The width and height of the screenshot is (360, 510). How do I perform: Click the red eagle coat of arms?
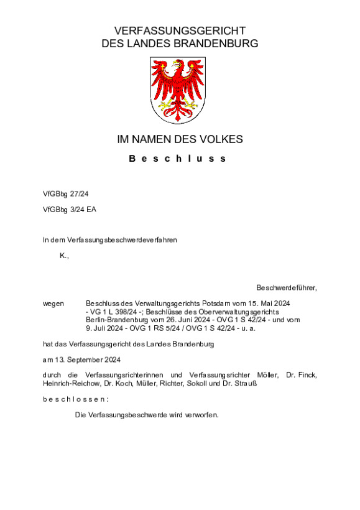coord(180,90)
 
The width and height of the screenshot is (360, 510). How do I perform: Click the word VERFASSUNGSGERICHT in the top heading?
coord(180,31)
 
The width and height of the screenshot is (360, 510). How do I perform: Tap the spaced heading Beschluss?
coord(178,159)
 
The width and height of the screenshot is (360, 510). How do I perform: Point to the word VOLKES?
coord(222,139)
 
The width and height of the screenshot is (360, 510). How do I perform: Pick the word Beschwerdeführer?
coord(285,287)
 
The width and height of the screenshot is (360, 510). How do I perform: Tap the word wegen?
coord(53,303)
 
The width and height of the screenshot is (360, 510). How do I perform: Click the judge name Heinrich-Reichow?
coord(70,383)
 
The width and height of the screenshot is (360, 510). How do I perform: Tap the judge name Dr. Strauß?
coord(241,383)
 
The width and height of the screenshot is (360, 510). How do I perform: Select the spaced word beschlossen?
coord(75,399)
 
